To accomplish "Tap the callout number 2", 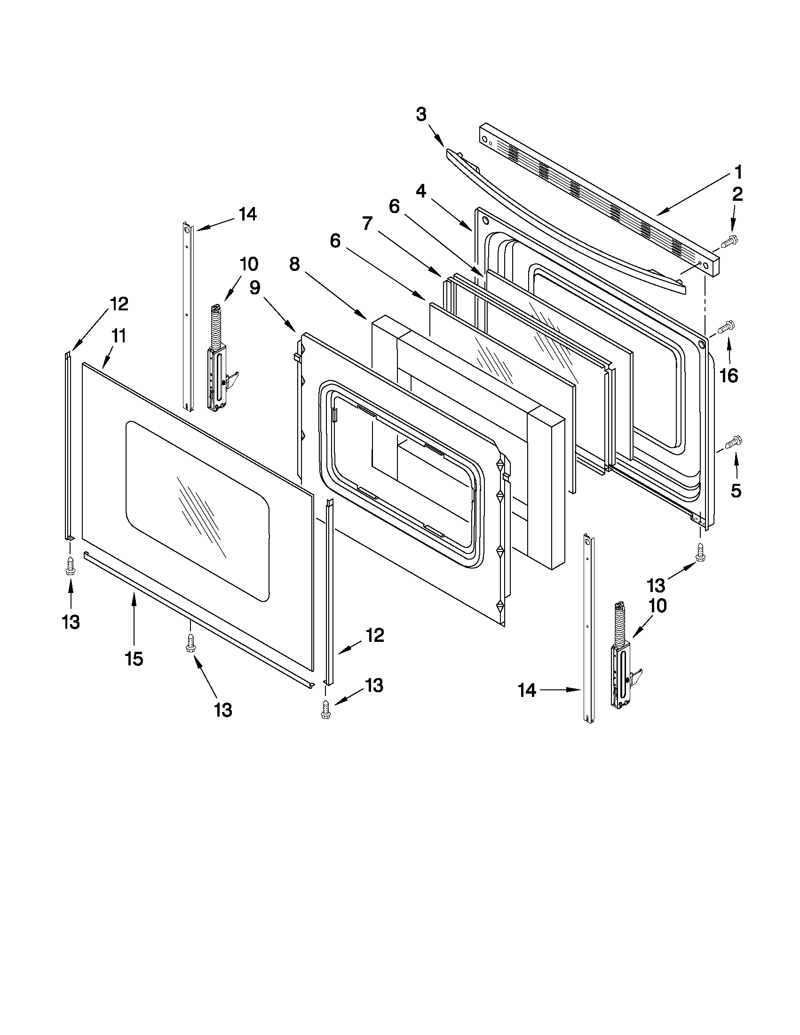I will click(x=737, y=194).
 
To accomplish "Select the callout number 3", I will click(x=421, y=114).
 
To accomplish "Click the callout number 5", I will click(x=736, y=491).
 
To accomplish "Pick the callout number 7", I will click(x=367, y=223).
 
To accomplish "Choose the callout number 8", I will click(x=294, y=264).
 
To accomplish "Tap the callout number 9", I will click(x=255, y=288).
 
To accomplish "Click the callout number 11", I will click(x=119, y=337).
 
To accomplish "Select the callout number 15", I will click(x=134, y=658).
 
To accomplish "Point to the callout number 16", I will click(x=729, y=376).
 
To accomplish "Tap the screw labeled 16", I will click(x=726, y=327).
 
